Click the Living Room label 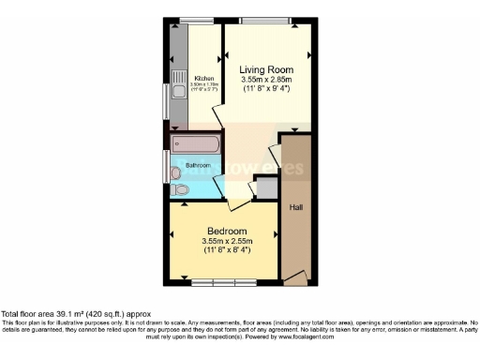(266, 70)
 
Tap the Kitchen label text (203, 79)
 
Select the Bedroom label (226, 231)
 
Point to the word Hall (295, 206)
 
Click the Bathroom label (197, 166)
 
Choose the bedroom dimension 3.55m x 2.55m (226, 241)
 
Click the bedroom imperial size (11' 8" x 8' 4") (226, 250)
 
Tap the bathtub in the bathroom (195, 144)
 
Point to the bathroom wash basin (175, 172)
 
